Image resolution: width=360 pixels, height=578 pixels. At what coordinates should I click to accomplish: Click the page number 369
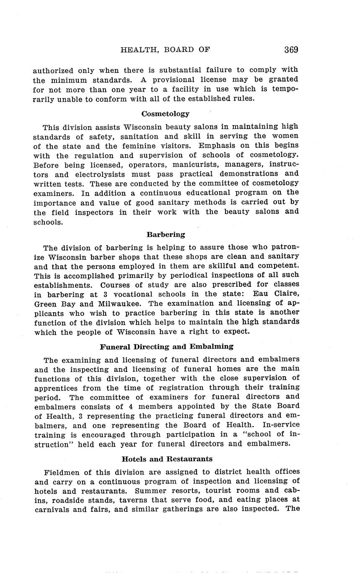pyautogui.click(x=291, y=50)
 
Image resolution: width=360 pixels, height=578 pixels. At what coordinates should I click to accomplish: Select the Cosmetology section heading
pyautogui.click(x=166, y=114)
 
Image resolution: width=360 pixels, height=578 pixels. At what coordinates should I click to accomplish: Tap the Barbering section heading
pyautogui.click(x=166, y=235)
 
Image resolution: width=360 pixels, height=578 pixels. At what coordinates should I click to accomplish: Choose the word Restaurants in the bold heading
pyautogui.click(x=189, y=459)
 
